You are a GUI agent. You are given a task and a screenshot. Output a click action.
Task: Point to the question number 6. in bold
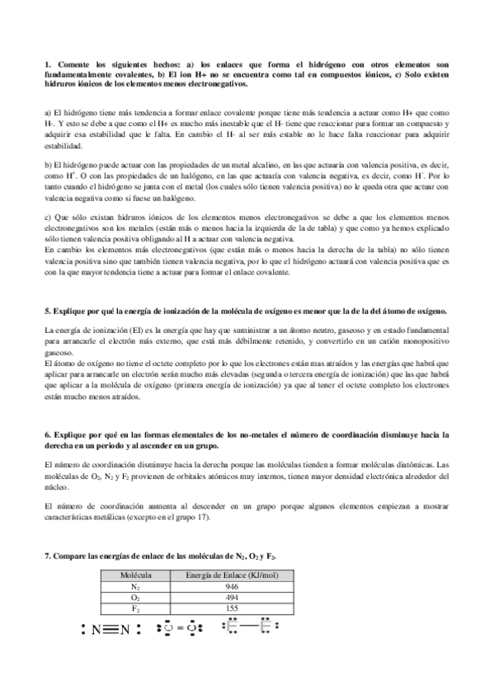click(x=47, y=434)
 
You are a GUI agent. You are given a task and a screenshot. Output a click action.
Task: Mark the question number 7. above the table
click(x=47, y=558)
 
